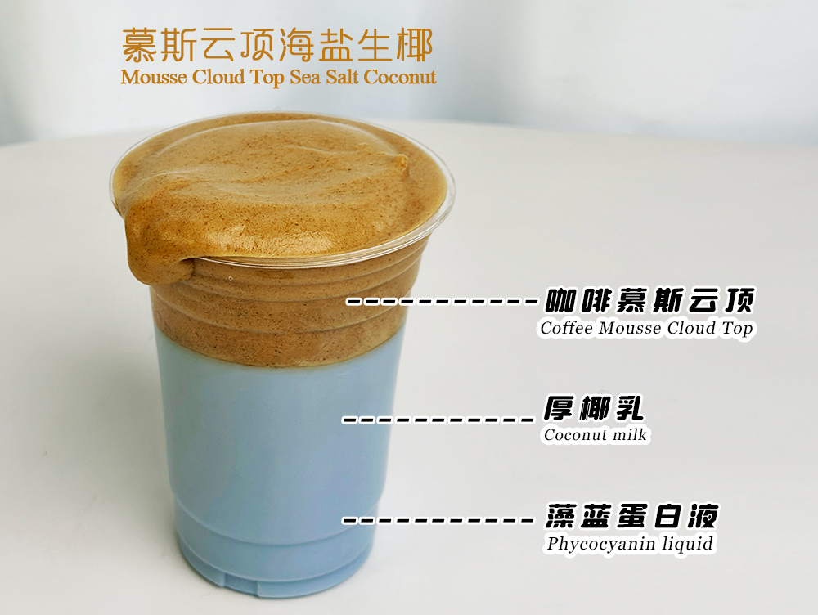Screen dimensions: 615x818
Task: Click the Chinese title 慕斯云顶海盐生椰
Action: click(276, 45)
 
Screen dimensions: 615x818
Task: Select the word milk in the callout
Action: click(629, 435)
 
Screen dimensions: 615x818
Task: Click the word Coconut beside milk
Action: click(576, 435)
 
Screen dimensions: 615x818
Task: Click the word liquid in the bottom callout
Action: click(685, 544)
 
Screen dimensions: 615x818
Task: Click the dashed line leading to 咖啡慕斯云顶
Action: click(442, 302)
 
